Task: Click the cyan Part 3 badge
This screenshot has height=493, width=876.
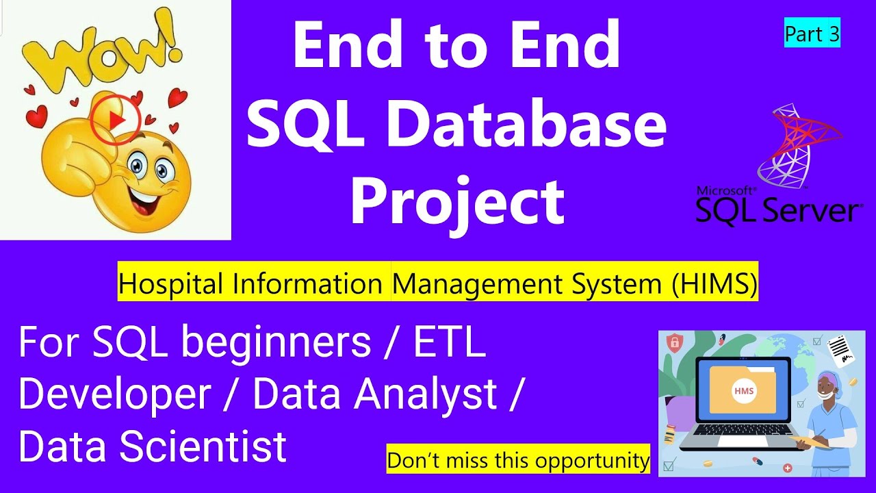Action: click(x=812, y=34)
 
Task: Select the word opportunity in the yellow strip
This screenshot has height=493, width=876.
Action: click(x=593, y=460)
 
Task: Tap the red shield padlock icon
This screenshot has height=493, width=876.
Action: click(x=673, y=342)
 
